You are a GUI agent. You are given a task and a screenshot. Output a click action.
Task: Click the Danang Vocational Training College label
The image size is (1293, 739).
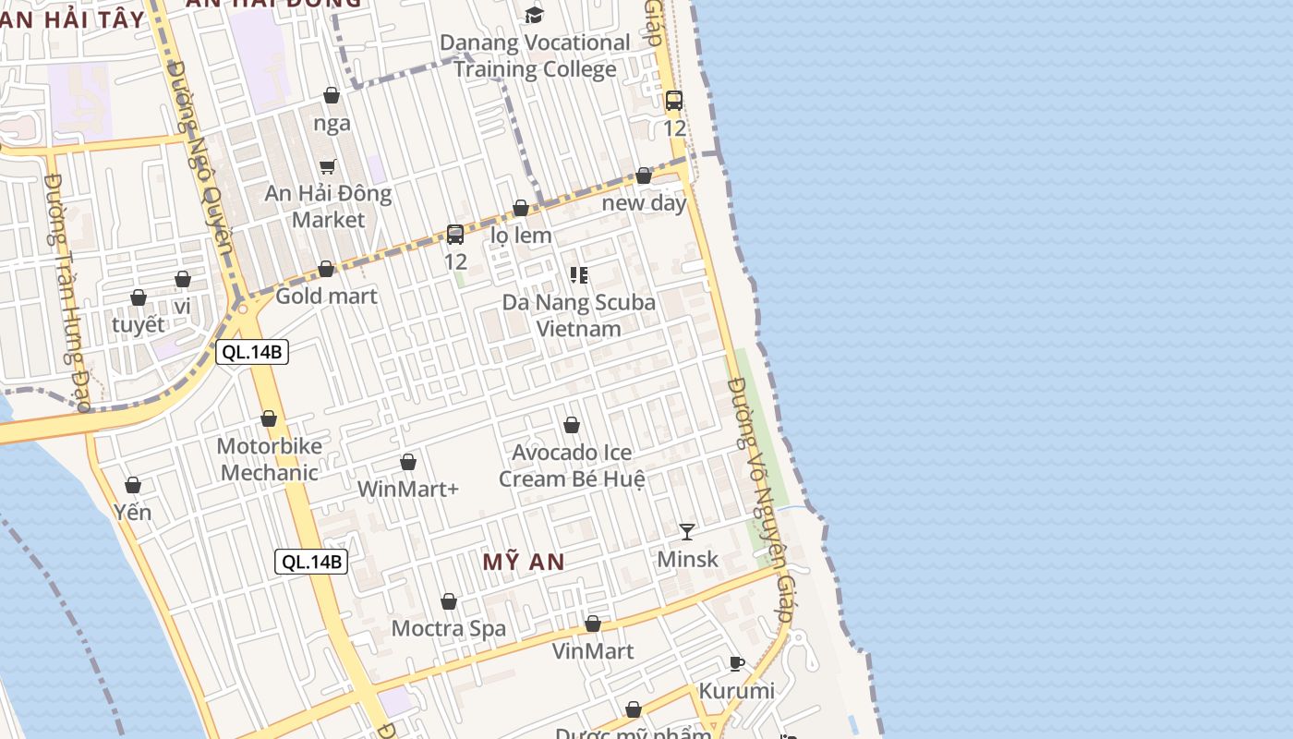click(x=535, y=55)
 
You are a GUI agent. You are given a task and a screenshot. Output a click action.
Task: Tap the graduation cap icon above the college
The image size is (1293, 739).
click(x=534, y=15)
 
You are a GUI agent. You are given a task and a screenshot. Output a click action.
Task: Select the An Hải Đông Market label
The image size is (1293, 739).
click(x=328, y=207)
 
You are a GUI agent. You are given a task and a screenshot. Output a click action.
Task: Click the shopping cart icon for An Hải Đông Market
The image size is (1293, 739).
click(x=328, y=166)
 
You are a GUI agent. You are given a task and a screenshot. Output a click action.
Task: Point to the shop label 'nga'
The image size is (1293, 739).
click(x=332, y=124)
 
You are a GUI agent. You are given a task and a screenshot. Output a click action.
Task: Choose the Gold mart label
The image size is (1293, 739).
click(x=326, y=296)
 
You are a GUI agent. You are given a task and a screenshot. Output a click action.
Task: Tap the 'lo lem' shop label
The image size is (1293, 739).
click(x=521, y=235)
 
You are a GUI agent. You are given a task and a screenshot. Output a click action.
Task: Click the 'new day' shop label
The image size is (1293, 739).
click(x=644, y=202)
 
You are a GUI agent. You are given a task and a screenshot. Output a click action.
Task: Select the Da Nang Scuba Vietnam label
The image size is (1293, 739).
click(x=578, y=315)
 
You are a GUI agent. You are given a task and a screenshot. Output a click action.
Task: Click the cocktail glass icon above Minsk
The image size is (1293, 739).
click(x=687, y=531)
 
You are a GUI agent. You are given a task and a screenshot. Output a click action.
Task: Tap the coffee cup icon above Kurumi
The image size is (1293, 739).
click(x=736, y=663)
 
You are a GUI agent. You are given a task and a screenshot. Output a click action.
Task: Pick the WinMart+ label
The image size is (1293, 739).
click(x=407, y=489)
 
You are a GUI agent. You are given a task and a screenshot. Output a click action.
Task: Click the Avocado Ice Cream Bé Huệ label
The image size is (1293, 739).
click(x=572, y=466)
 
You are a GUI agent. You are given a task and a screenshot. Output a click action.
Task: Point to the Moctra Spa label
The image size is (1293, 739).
click(x=449, y=629)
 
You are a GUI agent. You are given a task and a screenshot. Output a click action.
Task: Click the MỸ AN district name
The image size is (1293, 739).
click(x=524, y=562)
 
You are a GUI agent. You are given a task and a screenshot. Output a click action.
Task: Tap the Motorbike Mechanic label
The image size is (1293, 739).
click(x=269, y=459)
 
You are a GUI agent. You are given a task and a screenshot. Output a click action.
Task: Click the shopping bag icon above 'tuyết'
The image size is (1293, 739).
click(x=139, y=297)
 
